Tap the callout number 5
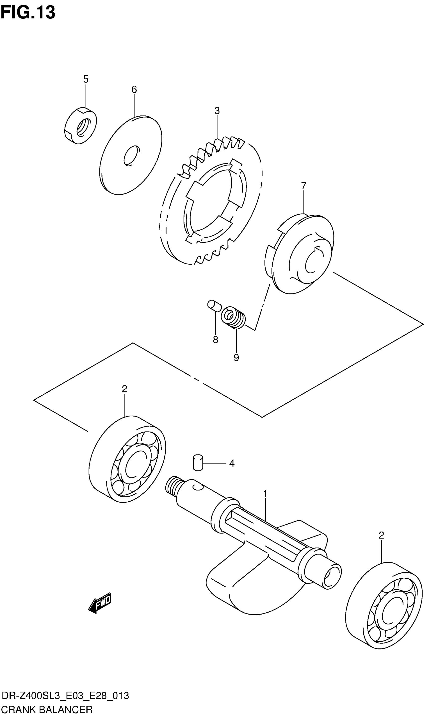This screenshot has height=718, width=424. click(x=86, y=79)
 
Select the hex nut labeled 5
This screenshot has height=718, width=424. click(x=80, y=126)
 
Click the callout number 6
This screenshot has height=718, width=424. click(x=134, y=90)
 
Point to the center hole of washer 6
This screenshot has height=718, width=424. click(x=131, y=156)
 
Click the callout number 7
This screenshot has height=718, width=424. click(x=304, y=186)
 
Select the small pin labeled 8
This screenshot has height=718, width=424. click(x=214, y=305)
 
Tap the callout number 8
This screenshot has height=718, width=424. click(x=215, y=340)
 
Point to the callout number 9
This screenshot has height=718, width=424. click(x=236, y=358)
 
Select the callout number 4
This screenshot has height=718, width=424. click(x=232, y=463)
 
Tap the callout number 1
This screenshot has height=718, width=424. click(x=265, y=494)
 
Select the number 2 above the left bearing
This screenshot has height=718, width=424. click(x=124, y=389)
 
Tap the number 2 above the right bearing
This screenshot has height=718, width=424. click(x=381, y=535)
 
